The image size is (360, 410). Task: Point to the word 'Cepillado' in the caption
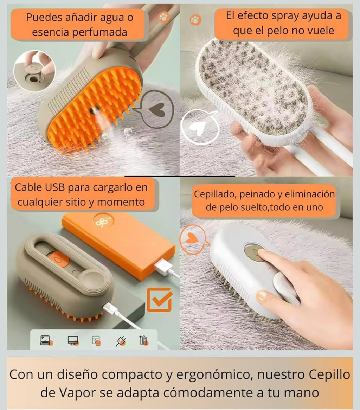(x=214, y=194)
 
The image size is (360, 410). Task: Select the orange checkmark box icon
(x=159, y=300)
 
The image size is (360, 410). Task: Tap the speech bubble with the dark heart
(x=159, y=109)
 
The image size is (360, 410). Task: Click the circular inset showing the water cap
(x=34, y=71)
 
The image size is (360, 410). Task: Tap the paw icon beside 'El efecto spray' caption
(x=194, y=20)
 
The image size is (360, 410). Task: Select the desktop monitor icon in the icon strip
(x=73, y=340)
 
